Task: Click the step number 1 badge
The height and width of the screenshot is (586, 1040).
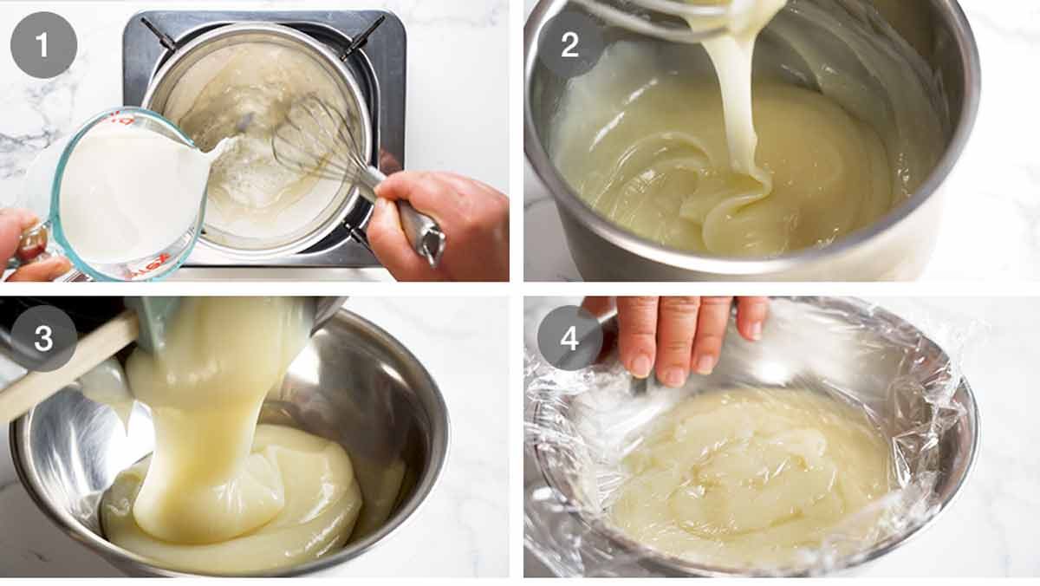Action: [x=43, y=44]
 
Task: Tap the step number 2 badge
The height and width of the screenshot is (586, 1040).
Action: [x=569, y=44]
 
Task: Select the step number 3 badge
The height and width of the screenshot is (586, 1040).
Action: [x=43, y=338]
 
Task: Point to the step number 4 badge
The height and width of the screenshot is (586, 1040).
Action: [x=569, y=338]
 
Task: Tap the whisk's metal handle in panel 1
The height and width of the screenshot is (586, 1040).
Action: [x=412, y=221]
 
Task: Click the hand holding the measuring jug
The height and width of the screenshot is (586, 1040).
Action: [x=22, y=247]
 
